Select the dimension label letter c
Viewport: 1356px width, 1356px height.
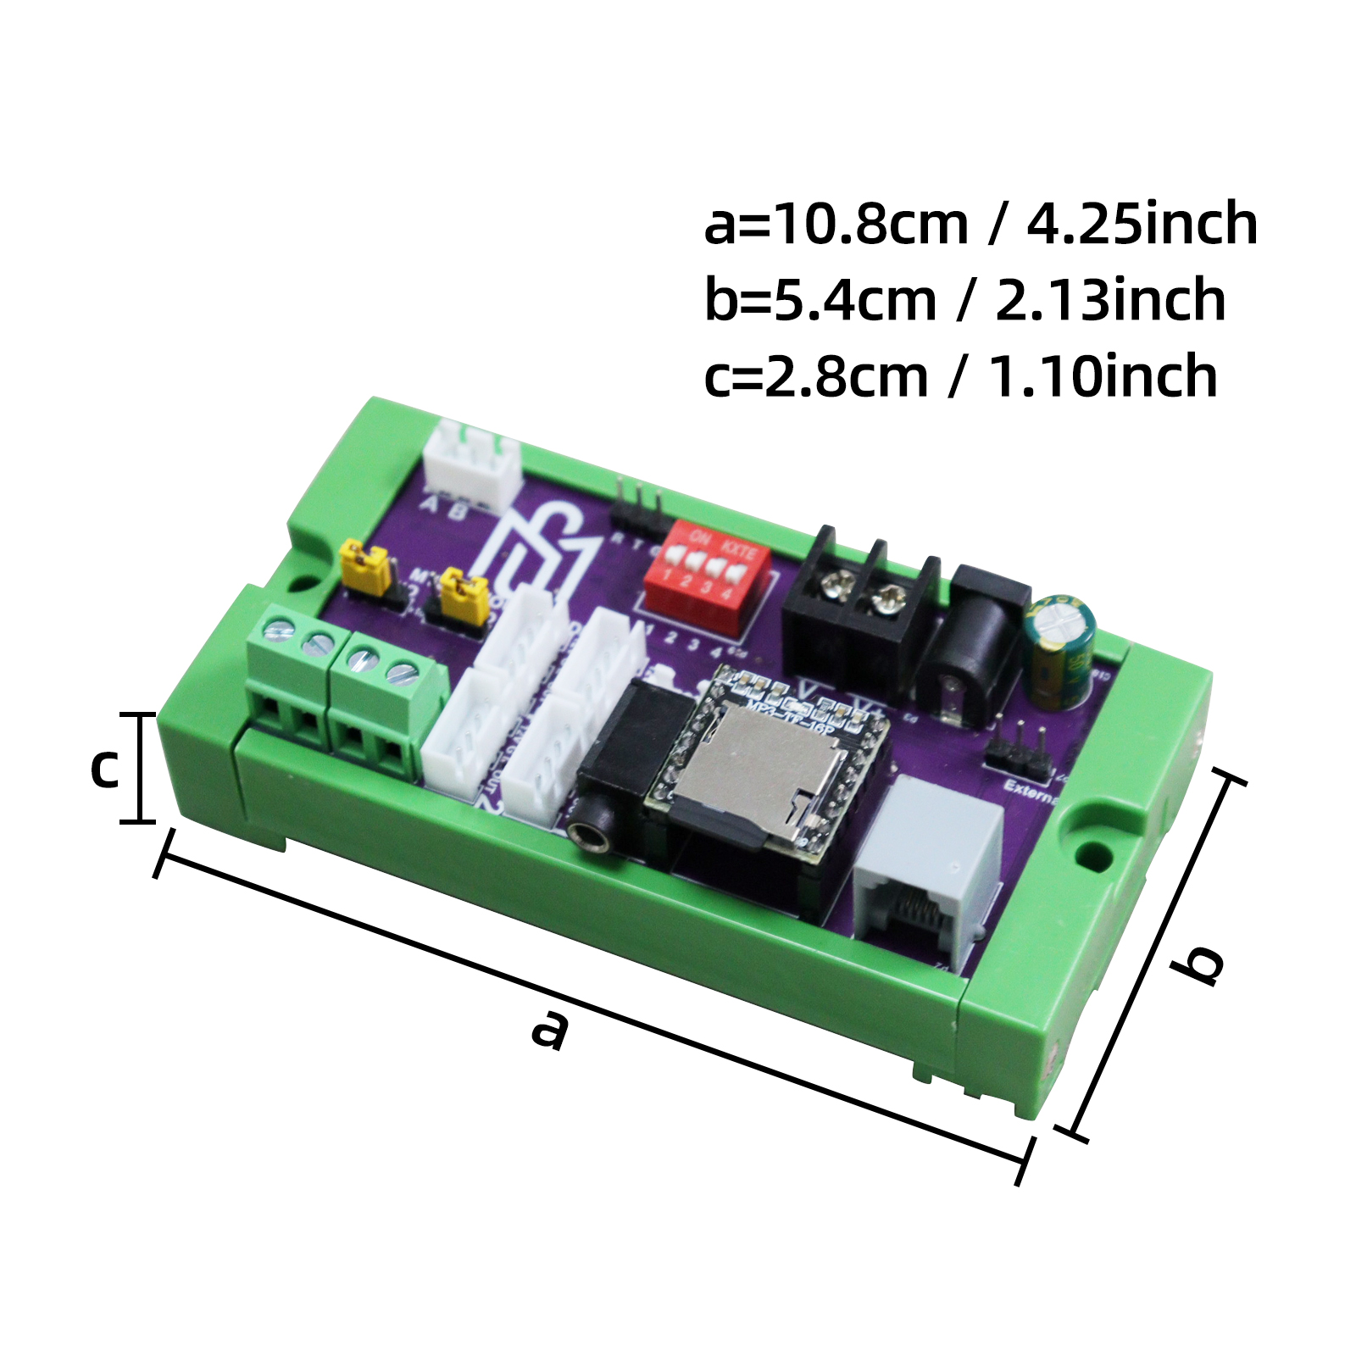point(105,767)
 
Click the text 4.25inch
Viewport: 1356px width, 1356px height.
point(1142,224)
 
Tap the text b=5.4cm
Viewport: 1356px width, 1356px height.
point(820,300)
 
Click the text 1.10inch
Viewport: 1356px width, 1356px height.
point(1103,376)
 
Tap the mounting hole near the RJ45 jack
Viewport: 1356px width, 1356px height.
point(1098,856)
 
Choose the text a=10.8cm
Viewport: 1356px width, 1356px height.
point(835,224)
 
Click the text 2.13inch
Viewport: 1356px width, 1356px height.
point(1110,300)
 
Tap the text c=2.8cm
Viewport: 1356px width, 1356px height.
point(815,376)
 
